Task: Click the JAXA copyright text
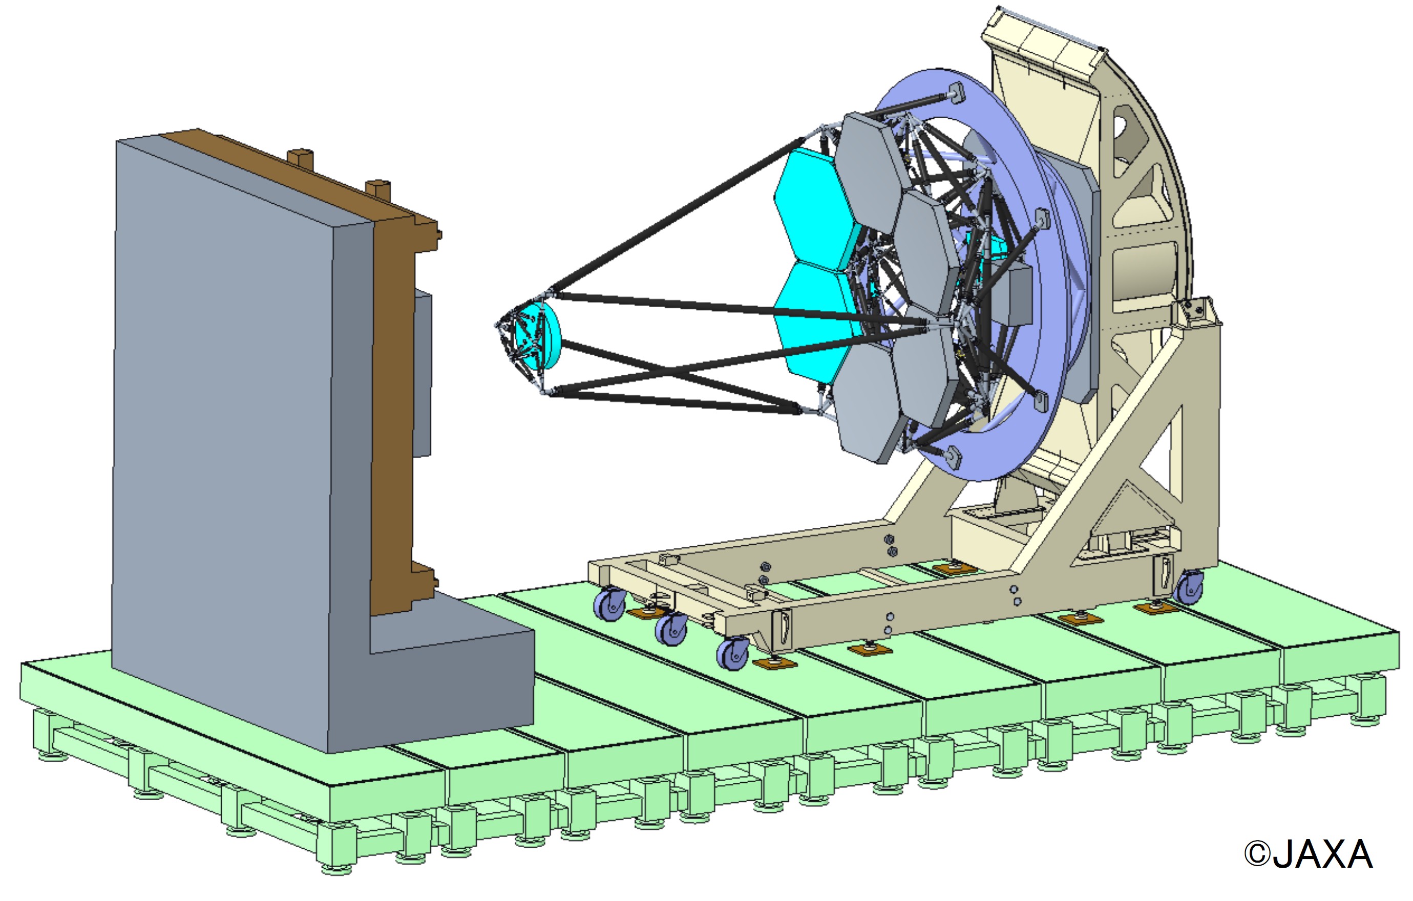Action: coord(1309,854)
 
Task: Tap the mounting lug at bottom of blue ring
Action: coord(952,457)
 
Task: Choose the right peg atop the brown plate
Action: coord(378,189)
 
